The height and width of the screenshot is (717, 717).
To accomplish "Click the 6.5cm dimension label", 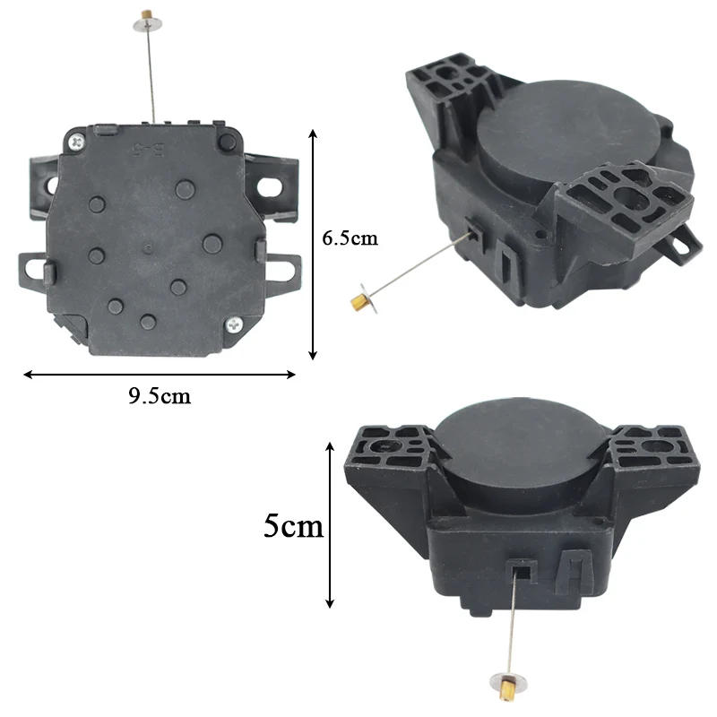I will coord(350,238).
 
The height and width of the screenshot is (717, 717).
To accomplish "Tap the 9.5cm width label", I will coord(160,395).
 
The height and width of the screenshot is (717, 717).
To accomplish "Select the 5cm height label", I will coord(293,525).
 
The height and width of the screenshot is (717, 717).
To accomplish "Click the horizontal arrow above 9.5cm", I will coord(160,375).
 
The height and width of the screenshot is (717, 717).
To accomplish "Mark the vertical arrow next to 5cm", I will coord(331,525).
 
